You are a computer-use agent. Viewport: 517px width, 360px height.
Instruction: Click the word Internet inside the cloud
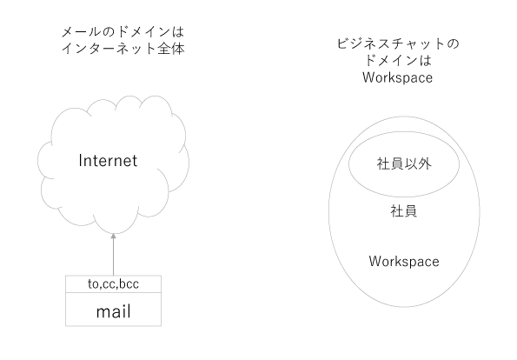click(x=108, y=161)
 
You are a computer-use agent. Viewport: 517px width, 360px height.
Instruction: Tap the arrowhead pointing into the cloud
click(x=114, y=236)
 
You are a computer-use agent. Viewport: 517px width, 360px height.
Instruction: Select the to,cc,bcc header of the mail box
click(x=114, y=283)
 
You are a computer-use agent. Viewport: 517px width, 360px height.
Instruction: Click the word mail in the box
click(x=114, y=311)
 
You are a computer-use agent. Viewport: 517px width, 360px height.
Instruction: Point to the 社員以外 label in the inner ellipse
click(x=404, y=164)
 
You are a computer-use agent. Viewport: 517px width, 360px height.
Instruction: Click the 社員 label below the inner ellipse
click(x=404, y=211)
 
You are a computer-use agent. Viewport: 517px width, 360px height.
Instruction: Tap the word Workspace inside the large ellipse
click(x=404, y=262)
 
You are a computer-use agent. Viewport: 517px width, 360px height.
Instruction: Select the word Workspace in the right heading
click(x=398, y=78)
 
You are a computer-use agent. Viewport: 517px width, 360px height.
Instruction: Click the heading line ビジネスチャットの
click(x=398, y=43)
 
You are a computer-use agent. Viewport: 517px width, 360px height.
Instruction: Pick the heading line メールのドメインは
click(x=123, y=32)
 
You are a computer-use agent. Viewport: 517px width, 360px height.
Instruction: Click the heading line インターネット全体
click(x=123, y=49)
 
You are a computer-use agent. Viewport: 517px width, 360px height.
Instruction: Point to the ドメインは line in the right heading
click(x=398, y=60)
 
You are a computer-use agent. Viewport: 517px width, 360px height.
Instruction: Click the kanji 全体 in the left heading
click(x=171, y=49)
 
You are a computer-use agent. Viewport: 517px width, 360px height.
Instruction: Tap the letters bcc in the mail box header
click(x=129, y=283)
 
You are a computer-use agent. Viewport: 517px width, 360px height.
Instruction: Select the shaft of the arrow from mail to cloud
click(x=114, y=257)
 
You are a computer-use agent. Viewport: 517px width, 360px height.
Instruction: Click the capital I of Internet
click(x=80, y=161)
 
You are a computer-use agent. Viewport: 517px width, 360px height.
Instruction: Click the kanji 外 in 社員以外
click(x=424, y=164)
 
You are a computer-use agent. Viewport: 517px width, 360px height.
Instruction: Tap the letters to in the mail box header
click(x=93, y=284)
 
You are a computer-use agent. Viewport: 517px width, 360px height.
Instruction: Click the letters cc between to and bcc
click(x=109, y=284)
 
